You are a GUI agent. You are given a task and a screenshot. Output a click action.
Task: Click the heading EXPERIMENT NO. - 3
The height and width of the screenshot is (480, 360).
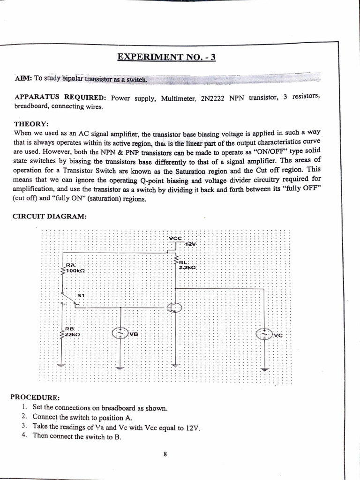(166, 58)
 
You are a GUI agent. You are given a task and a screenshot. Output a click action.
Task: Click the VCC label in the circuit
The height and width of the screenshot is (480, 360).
(175, 238)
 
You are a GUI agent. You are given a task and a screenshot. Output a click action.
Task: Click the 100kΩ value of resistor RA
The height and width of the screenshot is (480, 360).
(75, 271)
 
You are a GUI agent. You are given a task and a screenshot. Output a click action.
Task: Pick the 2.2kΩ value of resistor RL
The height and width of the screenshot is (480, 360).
(187, 267)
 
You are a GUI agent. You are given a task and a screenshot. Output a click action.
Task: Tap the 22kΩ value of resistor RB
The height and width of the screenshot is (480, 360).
(72, 335)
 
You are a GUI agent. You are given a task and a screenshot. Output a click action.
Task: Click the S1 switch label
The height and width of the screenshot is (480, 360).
(81, 295)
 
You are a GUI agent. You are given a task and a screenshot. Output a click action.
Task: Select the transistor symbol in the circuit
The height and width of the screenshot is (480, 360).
(175, 307)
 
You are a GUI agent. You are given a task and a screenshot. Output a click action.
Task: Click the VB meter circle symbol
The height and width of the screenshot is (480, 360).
(119, 333)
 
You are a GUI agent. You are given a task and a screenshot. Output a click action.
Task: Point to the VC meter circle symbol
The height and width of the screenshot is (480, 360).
(263, 334)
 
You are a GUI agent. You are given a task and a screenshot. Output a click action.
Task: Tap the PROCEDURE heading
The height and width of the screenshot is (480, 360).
(35, 397)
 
